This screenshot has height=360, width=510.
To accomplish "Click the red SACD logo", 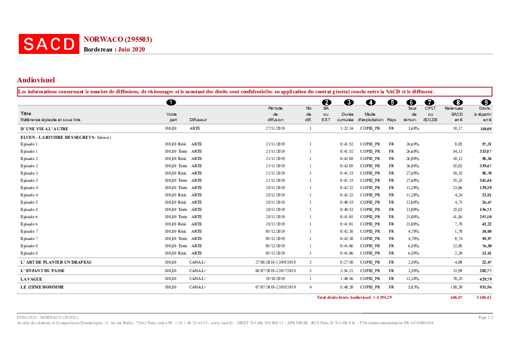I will coord(49,44).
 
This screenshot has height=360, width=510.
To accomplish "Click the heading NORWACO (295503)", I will coord(118,39).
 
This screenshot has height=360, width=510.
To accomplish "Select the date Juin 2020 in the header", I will coord(131,49).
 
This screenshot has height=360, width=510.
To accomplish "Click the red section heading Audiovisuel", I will coord(36,79).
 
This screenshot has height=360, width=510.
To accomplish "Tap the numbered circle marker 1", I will coord(171,102).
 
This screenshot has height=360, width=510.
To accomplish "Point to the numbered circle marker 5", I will coord(392,102).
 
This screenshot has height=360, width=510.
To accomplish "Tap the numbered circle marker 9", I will coord(486,102).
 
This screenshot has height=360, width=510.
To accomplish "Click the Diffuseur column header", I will coord(198,120).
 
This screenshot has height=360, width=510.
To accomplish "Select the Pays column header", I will coord(391,120).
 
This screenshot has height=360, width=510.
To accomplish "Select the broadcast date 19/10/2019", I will coord(275,278).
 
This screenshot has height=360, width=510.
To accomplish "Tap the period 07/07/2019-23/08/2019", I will coord(275,287).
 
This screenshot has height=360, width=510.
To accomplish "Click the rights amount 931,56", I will coord(485,287).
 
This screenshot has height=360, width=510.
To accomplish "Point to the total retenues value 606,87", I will coord(457,298).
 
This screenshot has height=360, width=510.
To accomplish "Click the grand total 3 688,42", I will coord(484,298).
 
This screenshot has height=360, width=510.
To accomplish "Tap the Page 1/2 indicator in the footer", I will coord(486,318).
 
